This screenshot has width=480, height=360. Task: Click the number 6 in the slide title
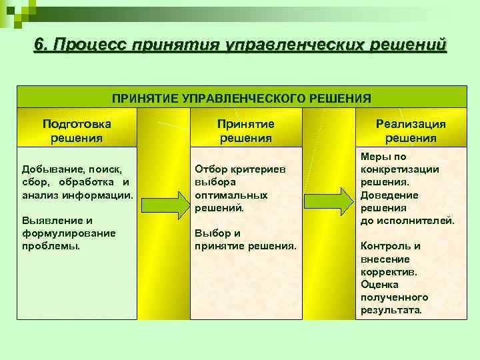pos(40,45)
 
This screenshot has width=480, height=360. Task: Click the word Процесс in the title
pos(90,45)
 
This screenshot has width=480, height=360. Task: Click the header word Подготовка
pos(77,124)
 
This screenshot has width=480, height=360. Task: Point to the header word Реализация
pos(411,124)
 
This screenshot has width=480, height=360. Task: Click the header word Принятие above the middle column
pos(245,124)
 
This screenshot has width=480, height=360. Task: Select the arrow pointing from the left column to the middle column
pos(164,203)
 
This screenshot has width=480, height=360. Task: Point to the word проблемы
pos(51,245)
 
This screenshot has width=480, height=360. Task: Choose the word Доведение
pos(389,195)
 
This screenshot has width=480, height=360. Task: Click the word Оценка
pos(379,284)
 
